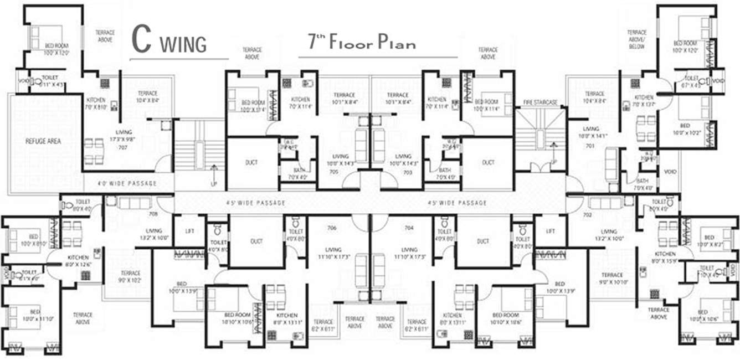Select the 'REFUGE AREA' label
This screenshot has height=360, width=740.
pyautogui.click(x=43, y=141)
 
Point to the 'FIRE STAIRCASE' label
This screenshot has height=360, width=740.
pyautogui.click(x=540, y=102)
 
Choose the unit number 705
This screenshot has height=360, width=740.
pyautogui.click(x=333, y=172)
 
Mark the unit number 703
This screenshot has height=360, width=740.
pyautogui.click(x=408, y=172)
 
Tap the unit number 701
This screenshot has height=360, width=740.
pyautogui.click(x=589, y=146)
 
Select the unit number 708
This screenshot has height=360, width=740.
pyautogui.click(x=153, y=213)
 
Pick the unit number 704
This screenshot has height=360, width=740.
pyautogui.click(x=409, y=228)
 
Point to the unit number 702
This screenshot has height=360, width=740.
pyautogui.click(x=588, y=213)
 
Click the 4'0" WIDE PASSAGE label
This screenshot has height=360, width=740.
pyautogui.click(x=127, y=183)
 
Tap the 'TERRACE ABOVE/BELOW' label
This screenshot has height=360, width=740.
pyautogui.click(x=636, y=40)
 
